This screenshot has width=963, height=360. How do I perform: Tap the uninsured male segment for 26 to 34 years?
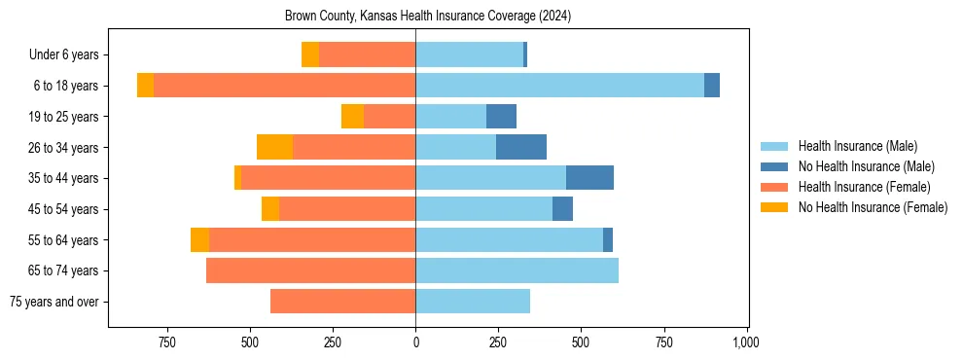pyautogui.click(x=520, y=147)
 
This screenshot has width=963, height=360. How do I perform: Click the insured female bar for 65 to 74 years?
pyautogui.click(x=310, y=270)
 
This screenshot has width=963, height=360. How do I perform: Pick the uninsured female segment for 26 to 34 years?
pyautogui.click(x=274, y=147)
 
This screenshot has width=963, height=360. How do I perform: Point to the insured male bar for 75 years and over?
pyautogui.click(x=473, y=302)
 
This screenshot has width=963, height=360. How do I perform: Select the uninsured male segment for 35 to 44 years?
pyautogui.click(x=589, y=178)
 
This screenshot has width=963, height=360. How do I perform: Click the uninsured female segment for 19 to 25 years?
pyautogui.click(x=352, y=117)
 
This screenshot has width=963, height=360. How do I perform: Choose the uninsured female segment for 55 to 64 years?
pyautogui.click(x=199, y=239)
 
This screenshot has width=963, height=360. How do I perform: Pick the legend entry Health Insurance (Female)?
pyautogui.click(x=864, y=187)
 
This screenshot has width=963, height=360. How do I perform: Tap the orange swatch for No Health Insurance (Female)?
pyautogui.click(x=774, y=207)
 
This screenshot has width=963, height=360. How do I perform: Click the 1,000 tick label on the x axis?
pyautogui.click(x=746, y=342)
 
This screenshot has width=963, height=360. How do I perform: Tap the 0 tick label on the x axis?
pyautogui.click(x=415, y=342)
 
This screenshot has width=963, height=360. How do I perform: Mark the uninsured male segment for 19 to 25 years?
pyautogui.click(x=501, y=117)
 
